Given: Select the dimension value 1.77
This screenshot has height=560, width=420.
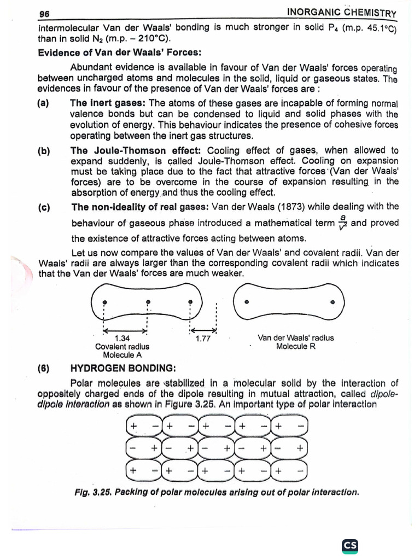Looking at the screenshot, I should pos(203,338).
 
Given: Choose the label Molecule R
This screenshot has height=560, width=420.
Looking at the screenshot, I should pos(295,346).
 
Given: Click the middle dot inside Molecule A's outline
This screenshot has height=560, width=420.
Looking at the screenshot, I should pos(148,302).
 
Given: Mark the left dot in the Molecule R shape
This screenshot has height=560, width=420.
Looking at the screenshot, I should pos(247,301).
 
